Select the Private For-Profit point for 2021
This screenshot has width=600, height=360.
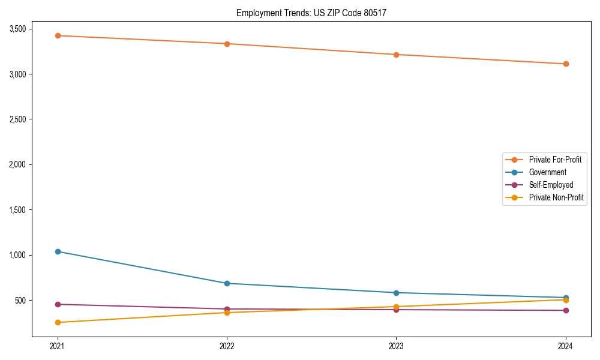[58, 35]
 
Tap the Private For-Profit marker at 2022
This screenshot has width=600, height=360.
[227, 44]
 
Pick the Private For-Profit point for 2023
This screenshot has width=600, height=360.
[396, 55]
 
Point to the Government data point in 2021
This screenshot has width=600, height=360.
[58, 251]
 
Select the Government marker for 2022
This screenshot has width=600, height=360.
[227, 283]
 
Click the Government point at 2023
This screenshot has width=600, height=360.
[396, 293]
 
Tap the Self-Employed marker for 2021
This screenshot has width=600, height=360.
[58, 304]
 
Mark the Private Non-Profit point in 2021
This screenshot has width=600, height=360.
[58, 322]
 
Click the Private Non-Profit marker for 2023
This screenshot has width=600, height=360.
[396, 307]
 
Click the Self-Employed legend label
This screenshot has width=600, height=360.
[551, 185]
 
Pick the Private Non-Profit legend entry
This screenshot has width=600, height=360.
[556, 197]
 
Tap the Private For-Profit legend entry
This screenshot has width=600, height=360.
[554, 160]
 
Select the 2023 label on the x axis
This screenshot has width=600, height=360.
[396, 346]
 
